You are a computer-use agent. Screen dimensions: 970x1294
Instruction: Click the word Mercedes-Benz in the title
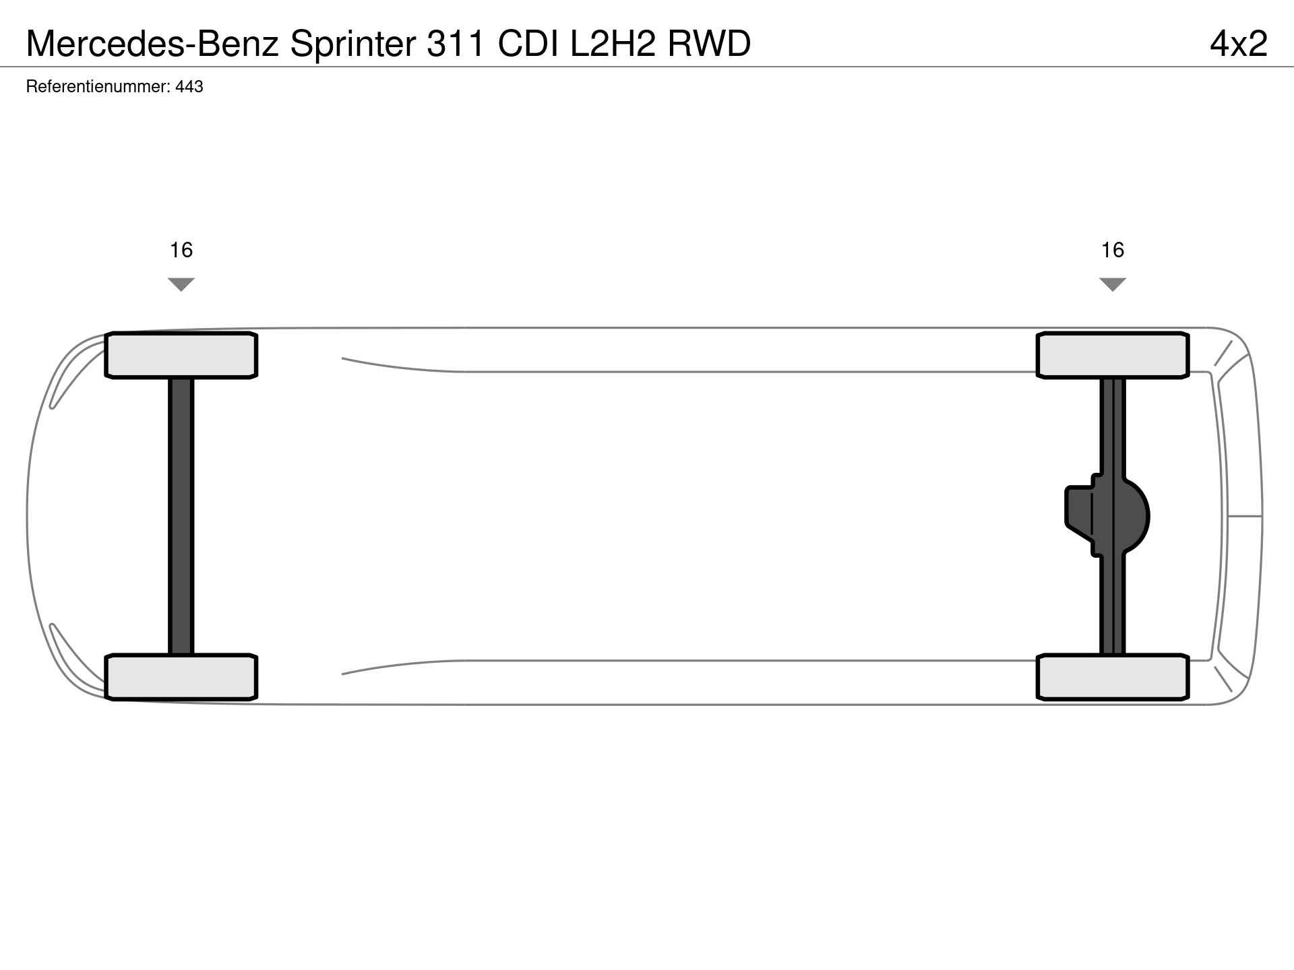(152, 44)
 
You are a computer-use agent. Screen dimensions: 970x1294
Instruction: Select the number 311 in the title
(456, 44)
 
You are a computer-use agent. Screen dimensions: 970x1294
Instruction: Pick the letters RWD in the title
(709, 44)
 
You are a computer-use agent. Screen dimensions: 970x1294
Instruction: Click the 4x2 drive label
(1239, 44)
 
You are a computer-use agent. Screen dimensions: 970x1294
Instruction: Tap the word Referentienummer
(97, 87)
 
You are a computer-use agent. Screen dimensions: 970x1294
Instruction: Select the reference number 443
(189, 87)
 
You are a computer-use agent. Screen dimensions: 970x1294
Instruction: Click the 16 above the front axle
(181, 251)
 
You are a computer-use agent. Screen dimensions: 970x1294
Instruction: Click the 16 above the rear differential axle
(1113, 251)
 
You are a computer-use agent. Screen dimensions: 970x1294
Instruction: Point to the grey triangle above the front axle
(181, 284)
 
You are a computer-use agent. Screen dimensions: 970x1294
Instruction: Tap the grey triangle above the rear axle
(1113, 284)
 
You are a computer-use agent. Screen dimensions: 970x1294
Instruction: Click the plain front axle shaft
(181, 516)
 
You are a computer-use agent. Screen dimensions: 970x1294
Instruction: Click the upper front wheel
(181, 355)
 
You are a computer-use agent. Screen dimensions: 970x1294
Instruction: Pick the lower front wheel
(181, 677)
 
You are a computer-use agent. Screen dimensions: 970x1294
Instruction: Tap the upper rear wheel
(1113, 355)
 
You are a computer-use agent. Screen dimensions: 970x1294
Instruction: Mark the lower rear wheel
(1113, 677)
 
